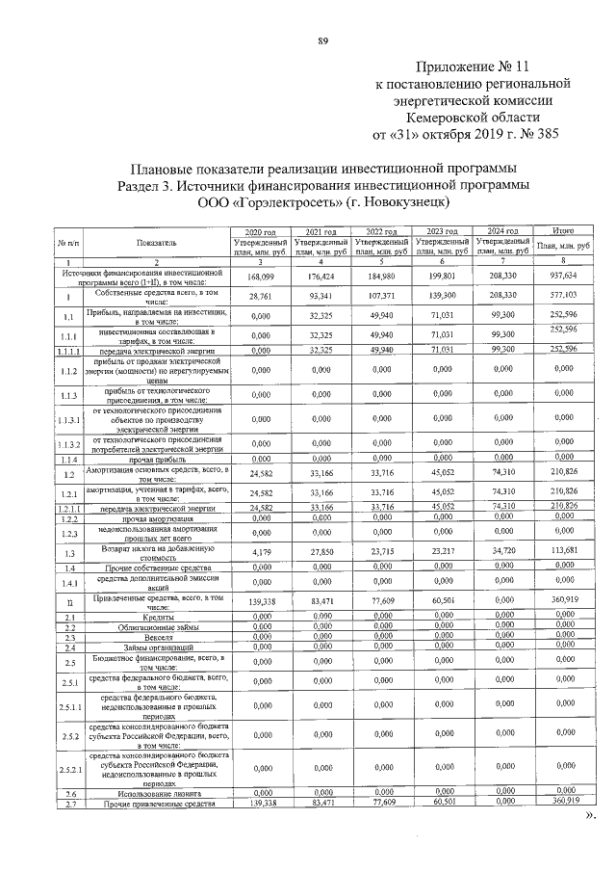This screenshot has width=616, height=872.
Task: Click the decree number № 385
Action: point(539,132)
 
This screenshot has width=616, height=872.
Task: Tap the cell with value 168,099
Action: point(262,277)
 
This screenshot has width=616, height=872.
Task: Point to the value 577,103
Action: point(560,295)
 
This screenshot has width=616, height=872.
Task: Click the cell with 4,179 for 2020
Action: point(262,552)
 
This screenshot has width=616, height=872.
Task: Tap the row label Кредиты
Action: point(158,617)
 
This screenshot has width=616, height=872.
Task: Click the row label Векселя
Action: point(158,637)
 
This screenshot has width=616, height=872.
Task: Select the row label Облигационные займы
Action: point(158,627)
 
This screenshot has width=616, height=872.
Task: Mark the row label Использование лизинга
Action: point(158,793)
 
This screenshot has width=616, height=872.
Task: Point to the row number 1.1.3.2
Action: point(70,445)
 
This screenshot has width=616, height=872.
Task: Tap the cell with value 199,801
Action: point(442,276)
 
